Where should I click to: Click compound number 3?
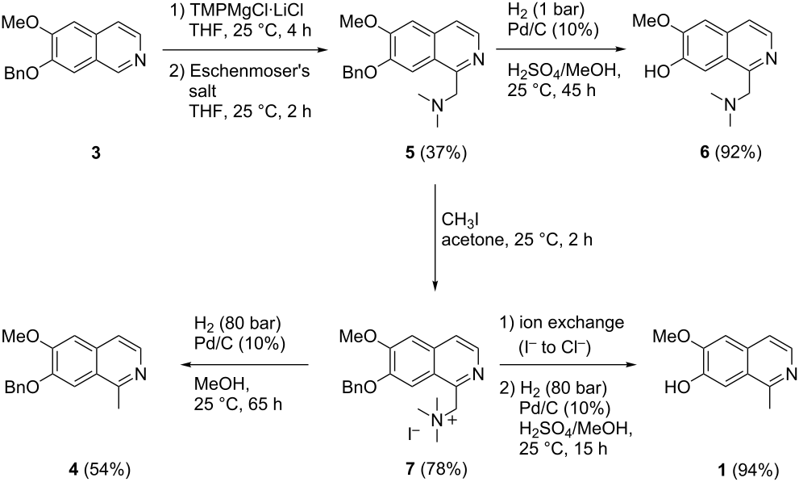(96, 153)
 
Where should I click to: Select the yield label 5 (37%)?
(435, 153)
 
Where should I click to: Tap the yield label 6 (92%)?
(730, 153)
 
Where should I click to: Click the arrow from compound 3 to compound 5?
(244, 50)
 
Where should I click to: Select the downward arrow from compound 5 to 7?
(435, 237)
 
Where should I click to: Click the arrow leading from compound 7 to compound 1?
(569, 365)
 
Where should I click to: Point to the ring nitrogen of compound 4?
(139, 375)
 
